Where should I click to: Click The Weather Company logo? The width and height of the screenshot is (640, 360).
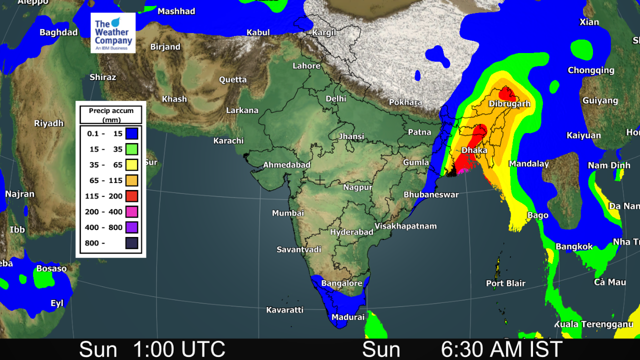click(x=113, y=33)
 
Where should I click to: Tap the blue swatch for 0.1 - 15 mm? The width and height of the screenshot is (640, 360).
click(x=132, y=133)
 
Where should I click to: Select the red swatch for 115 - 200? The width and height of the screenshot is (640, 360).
click(x=132, y=196)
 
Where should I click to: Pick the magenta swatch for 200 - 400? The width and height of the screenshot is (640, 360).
click(x=132, y=211)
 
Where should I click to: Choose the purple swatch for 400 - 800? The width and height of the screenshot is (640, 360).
click(x=132, y=227)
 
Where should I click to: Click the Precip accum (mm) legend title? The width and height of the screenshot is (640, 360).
click(x=111, y=115)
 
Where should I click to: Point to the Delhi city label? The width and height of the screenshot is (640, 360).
click(x=336, y=98)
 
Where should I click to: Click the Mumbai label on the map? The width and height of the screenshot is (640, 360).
click(x=288, y=213)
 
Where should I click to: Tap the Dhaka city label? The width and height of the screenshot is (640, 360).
click(x=474, y=150)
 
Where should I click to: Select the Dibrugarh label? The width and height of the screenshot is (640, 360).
click(x=509, y=104)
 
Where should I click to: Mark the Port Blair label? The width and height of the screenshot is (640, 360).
click(x=505, y=283)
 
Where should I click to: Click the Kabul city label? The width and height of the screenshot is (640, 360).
click(x=258, y=32)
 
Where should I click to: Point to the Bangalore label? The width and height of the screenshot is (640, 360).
click(x=341, y=283)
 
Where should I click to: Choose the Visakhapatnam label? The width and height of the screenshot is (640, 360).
click(x=405, y=226)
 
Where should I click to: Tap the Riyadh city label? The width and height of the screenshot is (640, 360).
click(x=49, y=123)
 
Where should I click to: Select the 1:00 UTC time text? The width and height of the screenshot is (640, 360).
click(x=178, y=349)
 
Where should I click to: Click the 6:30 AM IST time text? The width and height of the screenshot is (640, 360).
click(x=501, y=349)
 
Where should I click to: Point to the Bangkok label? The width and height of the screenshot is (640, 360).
click(x=574, y=246)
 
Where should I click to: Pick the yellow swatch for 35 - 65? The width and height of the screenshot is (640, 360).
click(x=132, y=164)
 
